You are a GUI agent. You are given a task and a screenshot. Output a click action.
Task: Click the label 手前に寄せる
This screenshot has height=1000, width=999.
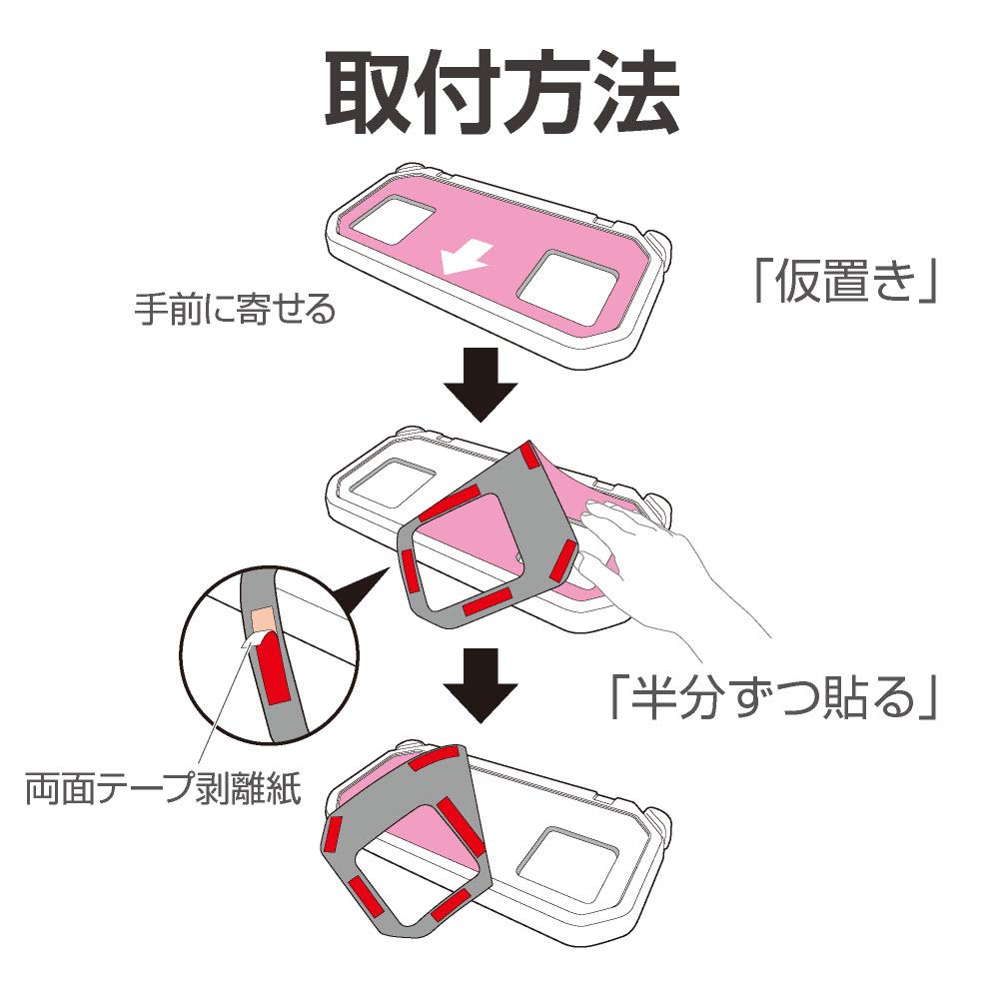tap(236, 310)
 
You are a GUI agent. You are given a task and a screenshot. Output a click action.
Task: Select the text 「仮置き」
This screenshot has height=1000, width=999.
tap(845, 284)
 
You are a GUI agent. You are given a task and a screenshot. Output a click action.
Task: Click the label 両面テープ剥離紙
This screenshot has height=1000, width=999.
tap(165, 789)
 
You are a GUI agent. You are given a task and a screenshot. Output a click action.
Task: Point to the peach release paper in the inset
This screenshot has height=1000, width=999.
tap(263, 620)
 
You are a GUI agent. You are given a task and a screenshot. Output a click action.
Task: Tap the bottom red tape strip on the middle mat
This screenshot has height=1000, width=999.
tap(487, 602)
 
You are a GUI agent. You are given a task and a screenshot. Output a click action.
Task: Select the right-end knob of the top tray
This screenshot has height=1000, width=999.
tap(660, 247)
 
